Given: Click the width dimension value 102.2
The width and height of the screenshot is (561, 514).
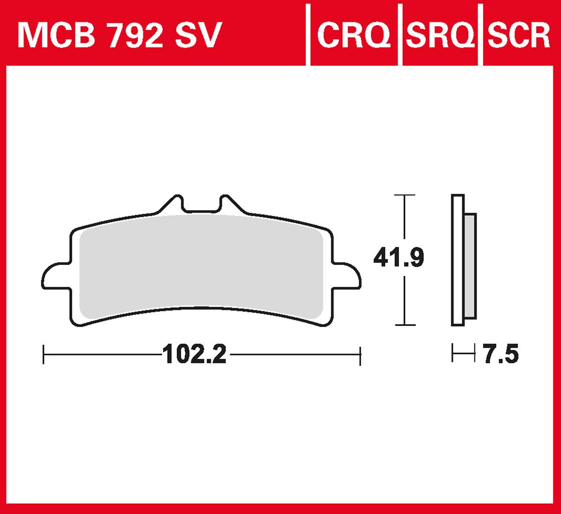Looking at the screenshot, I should tap(194, 355).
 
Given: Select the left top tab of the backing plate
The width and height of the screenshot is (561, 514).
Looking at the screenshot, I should tap(173, 205).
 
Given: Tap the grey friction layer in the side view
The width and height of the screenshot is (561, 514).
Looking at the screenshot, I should tap(470, 265).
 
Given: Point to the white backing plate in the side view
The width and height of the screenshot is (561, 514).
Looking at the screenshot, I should tap(457, 260).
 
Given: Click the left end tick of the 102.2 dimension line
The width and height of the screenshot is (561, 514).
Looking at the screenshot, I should tap(43, 355).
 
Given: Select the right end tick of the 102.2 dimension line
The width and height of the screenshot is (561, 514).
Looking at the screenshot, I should tap(360, 355).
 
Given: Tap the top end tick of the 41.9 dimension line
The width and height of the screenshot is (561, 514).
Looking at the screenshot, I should tap(404, 195).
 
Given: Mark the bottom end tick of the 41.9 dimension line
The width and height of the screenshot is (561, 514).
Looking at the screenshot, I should tap(404, 325).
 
